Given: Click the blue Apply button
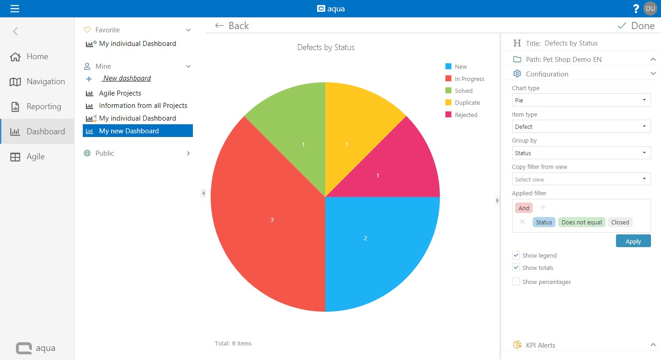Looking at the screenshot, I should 633,241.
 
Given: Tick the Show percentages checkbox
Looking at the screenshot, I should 516,282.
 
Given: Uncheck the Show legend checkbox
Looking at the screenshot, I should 516,255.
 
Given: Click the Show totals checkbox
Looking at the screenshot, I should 516,268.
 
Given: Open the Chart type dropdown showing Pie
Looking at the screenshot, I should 581,100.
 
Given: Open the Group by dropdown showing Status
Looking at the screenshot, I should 581,153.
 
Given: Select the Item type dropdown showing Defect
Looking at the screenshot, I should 581,127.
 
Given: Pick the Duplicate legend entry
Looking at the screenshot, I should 467,103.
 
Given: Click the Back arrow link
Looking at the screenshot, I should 232,26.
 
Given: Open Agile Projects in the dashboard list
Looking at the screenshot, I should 120,93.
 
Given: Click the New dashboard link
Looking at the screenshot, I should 127,78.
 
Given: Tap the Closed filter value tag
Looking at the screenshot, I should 620,222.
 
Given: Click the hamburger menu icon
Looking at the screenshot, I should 15,9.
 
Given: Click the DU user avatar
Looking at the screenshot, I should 650,9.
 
